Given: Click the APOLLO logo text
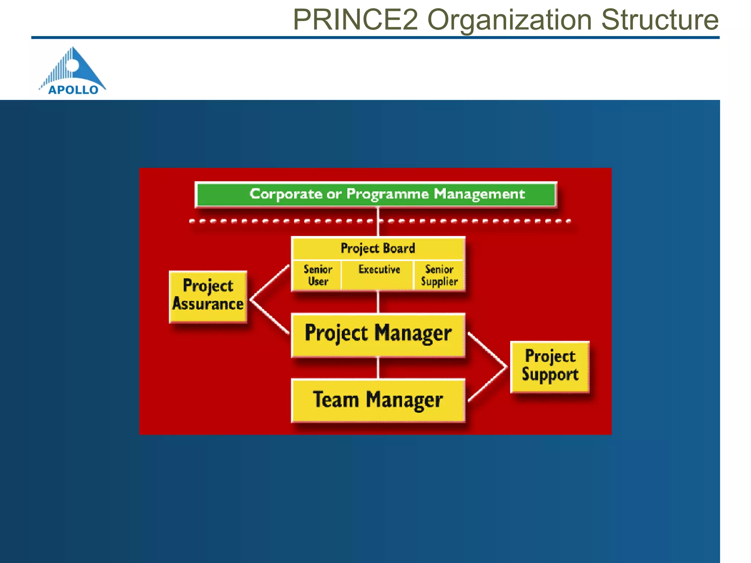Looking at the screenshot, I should click(x=73, y=90).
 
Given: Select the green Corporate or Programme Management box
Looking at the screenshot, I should click(x=376, y=194).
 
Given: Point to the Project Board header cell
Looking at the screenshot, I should click(x=378, y=248).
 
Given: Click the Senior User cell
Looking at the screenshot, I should click(x=318, y=275).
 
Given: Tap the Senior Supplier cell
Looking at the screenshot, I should click(x=439, y=275).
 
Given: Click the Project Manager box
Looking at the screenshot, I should click(x=378, y=334).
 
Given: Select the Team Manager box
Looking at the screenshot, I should click(x=378, y=400).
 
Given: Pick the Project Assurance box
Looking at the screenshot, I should click(x=208, y=296).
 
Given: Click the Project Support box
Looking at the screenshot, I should click(x=550, y=366).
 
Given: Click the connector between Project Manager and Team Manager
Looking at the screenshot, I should click(x=378, y=368).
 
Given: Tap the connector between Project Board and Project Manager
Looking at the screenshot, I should click(x=378, y=302).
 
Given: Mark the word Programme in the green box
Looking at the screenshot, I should click(x=387, y=194).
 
